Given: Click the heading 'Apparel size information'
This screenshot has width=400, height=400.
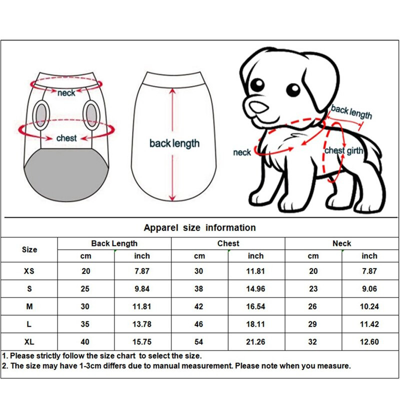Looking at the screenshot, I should click(x=199, y=227).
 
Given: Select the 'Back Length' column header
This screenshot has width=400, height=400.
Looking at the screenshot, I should click(x=114, y=243).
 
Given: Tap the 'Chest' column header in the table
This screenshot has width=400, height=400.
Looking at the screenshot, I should click(x=228, y=243).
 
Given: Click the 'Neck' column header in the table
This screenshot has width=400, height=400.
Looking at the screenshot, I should click(x=341, y=243).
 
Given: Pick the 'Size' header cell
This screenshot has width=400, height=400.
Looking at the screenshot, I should click(x=29, y=249).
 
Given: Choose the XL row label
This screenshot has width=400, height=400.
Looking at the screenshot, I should click(x=29, y=342).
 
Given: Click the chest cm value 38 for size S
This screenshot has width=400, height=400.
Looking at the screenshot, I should click(x=199, y=289).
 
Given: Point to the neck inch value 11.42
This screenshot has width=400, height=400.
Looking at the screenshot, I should click(x=369, y=324).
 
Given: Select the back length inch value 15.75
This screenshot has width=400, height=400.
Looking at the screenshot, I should click(x=142, y=342).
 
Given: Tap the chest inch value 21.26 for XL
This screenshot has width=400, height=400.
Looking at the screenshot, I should click(x=255, y=342).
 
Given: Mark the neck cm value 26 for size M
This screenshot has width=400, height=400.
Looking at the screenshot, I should click(x=313, y=306).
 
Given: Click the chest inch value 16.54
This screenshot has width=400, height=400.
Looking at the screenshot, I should click(x=255, y=306).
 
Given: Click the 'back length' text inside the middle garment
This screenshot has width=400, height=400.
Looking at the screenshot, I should click(x=174, y=144).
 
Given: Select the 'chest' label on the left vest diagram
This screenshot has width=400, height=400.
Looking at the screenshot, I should click(x=66, y=138).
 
